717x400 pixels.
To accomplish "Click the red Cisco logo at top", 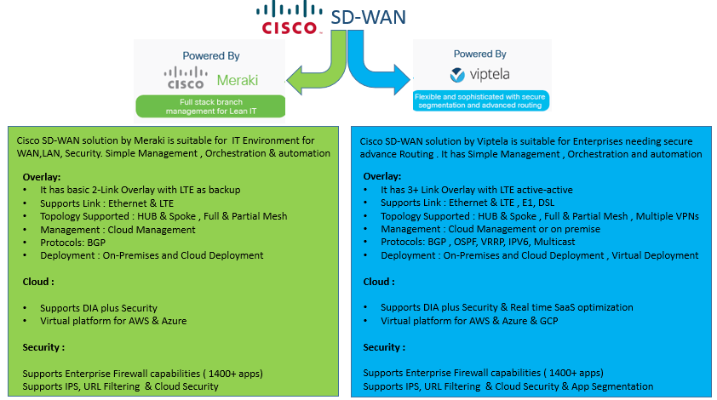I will point(289,20).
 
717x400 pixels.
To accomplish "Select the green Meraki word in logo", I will point(238,80).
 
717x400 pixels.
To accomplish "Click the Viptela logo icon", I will point(457,75).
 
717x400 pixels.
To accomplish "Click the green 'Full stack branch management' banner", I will point(209,106).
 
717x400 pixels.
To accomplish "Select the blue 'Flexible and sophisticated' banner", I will point(480,100).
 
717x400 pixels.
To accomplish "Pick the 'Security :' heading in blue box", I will point(384,347).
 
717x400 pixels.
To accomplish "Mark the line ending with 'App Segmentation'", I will point(508,386).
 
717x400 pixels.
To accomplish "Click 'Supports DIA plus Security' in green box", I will point(98,308).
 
